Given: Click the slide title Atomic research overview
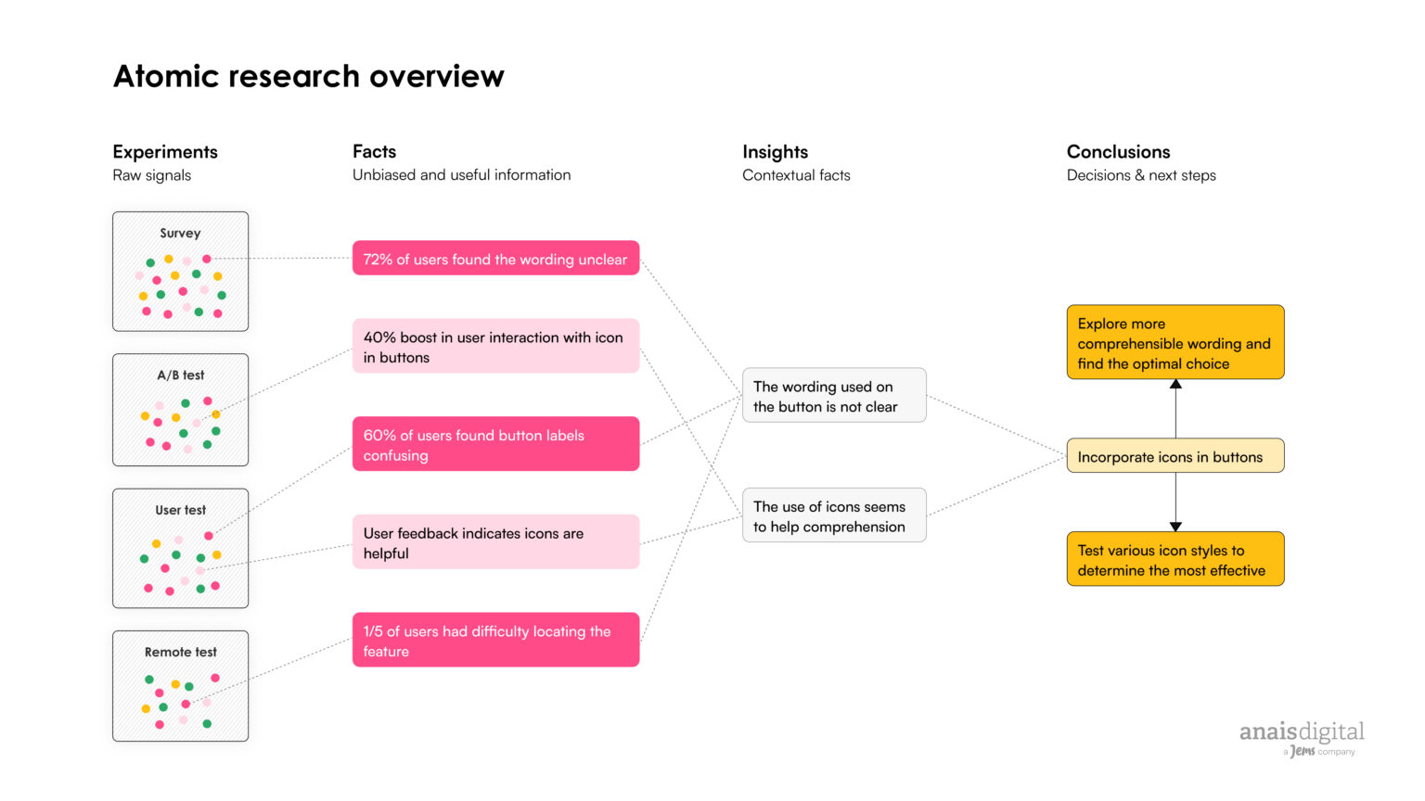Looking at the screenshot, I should click(308, 76).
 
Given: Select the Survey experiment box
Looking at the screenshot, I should click(180, 272).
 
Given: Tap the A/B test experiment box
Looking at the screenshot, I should click(180, 410).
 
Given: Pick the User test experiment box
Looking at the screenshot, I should click(180, 548).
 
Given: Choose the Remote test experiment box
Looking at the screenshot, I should click(180, 686).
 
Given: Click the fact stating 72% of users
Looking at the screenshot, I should click(495, 259).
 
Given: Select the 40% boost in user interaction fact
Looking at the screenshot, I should click(495, 347).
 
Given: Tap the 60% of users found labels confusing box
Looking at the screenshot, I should click(495, 444).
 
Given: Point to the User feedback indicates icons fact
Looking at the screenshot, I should click(495, 542).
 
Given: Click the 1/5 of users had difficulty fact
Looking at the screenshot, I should click(495, 640).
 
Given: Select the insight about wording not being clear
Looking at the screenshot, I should click(833, 396).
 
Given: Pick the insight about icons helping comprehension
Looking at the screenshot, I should click(833, 515).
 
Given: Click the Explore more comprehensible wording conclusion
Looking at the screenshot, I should click(1175, 343).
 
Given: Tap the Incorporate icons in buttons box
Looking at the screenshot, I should click(1175, 456).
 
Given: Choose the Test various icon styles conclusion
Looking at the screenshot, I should click(1175, 559).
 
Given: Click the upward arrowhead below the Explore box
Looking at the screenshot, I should click(1175, 384).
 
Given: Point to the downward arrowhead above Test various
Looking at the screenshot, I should click(1175, 527).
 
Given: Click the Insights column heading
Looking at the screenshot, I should click(775, 152).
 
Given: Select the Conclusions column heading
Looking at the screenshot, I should click(1118, 152).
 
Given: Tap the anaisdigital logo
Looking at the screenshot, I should click(1302, 736).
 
